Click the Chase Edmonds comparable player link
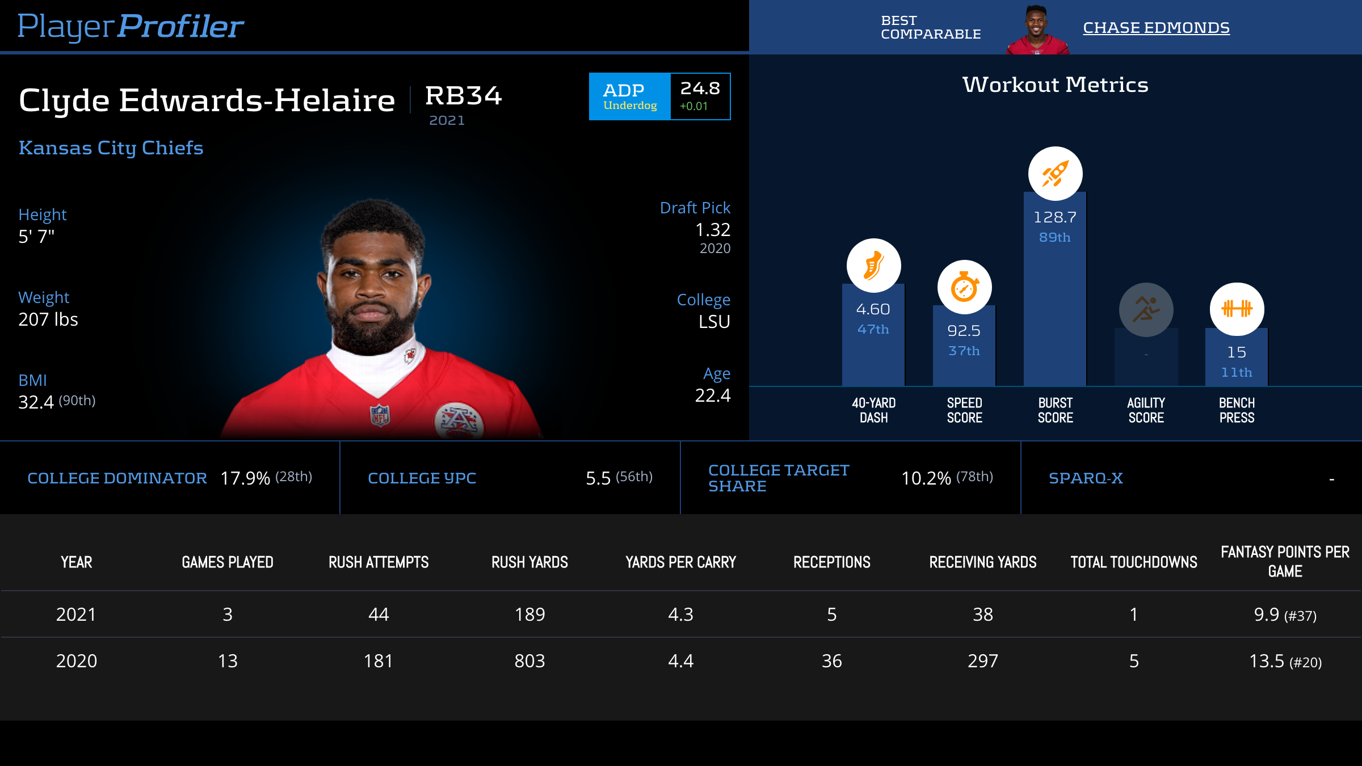tap(1156, 28)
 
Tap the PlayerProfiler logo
tap(131, 26)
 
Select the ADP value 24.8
tap(700, 89)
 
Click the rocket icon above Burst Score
tap(1055, 174)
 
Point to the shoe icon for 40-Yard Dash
tap(873, 266)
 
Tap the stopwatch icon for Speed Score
tap(964, 287)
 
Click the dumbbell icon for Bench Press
tap(1237, 309)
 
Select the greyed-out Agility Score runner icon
tap(1146, 310)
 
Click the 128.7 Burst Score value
tap(1054, 217)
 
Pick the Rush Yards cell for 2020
tap(529, 661)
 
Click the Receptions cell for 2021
tap(831, 615)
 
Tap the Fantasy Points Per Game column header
tap(1285, 561)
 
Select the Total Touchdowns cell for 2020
tap(1133, 661)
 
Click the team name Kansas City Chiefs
tap(111, 148)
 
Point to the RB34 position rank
tap(463, 95)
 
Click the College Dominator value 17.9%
tap(245, 478)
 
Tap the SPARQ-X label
tap(1086, 478)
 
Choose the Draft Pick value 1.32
tap(713, 230)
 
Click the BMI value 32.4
tap(36, 402)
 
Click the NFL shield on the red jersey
tap(380, 415)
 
